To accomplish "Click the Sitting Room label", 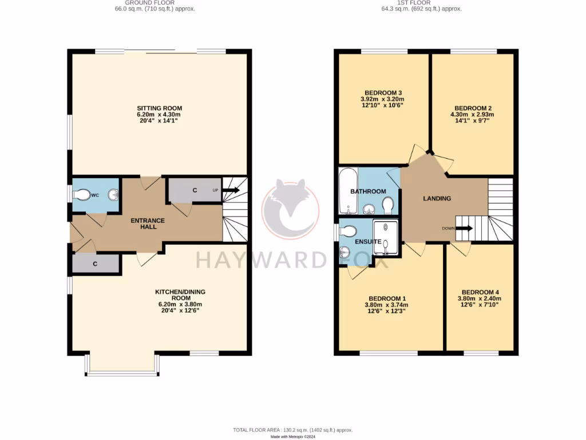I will pyautogui.click(x=159, y=108).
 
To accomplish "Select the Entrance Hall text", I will pyautogui.click(x=148, y=223).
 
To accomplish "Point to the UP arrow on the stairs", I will pyautogui.click(x=231, y=190).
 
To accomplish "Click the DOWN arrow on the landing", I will pyautogui.click(x=464, y=228).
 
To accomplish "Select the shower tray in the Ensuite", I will pyautogui.click(x=385, y=237).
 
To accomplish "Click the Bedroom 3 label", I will pyautogui.click(x=383, y=93).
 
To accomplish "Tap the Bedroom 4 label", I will pyautogui.click(x=480, y=292).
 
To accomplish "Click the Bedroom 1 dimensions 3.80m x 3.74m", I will pyautogui.click(x=387, y=305).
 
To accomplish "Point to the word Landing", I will pyautogui.click(x=437, y=198).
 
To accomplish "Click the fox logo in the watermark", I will pyautogui.click(x=291, y=209).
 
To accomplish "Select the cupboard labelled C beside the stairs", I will pyautogui.click(x=195, y=190).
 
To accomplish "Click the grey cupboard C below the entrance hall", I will pyautogui.click(x=95, y=264).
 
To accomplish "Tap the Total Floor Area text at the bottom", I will pyautogui.click(x=292, y=430).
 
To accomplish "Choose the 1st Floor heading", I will pyautogui.click(x=421, y=3).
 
